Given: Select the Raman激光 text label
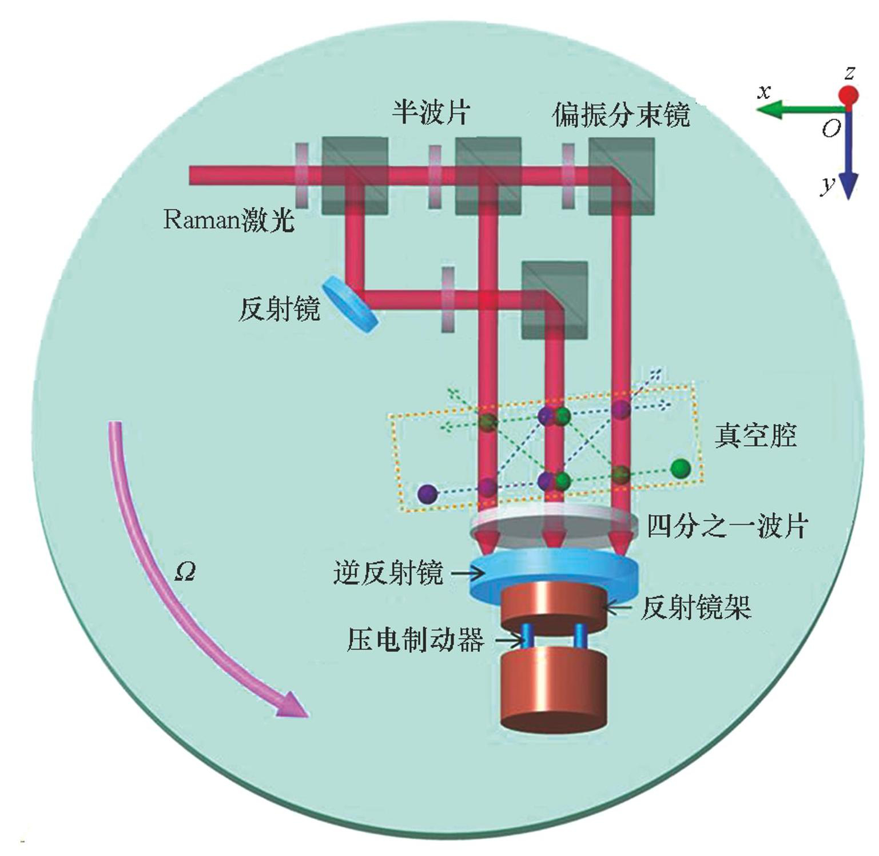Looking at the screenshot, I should (228, 219).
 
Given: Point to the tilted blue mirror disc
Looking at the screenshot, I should (350, 304).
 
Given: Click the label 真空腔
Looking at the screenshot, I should (755, 436).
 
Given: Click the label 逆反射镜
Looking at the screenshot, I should (388, 573).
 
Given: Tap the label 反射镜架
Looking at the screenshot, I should (695, 607).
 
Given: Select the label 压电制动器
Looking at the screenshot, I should (416, 639).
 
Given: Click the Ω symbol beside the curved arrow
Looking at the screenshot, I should (185, 571).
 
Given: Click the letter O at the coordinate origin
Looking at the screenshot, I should (831, 129).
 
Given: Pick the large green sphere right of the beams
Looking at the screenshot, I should (680, 469).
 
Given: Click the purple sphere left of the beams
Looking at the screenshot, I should (427, 494).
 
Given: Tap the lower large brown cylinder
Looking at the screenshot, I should (553, 691).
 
